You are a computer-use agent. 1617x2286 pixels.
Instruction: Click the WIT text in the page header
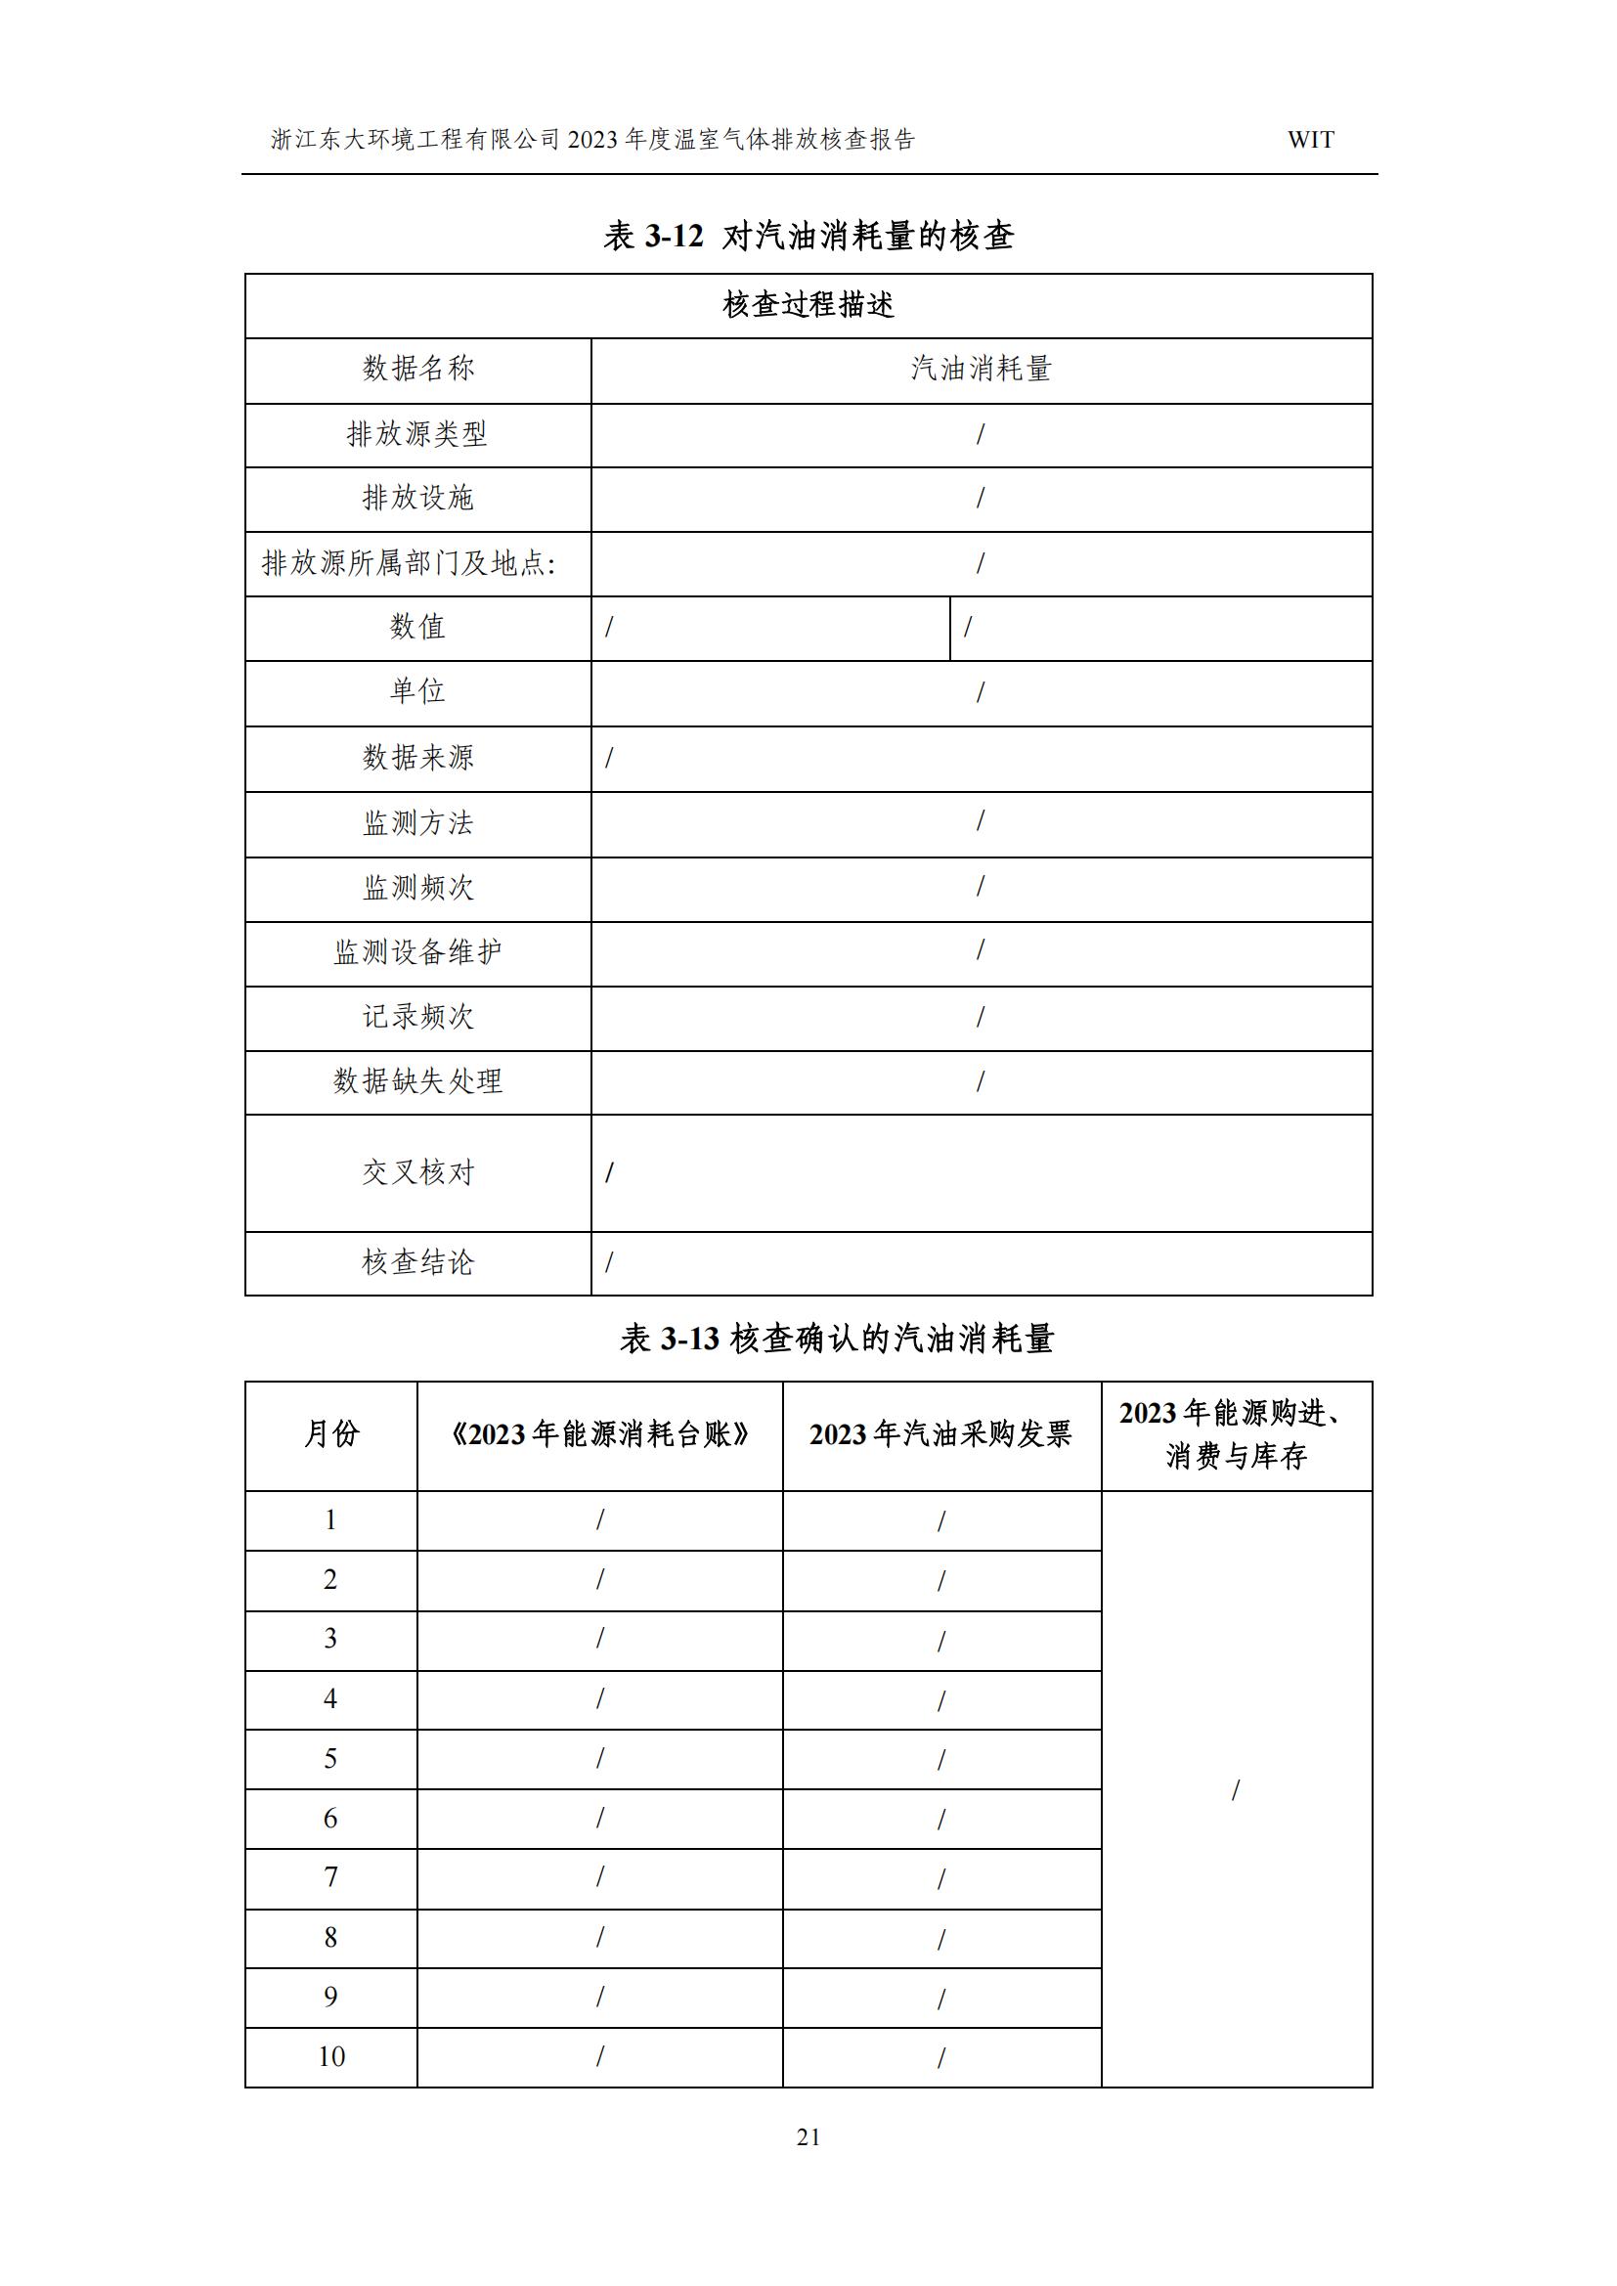pos(1310,141)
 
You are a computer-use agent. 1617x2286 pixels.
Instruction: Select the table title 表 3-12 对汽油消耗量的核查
pos(808,237)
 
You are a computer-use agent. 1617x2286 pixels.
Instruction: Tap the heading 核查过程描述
pos(808,305)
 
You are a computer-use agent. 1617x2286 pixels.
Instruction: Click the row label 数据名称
pos(417,370)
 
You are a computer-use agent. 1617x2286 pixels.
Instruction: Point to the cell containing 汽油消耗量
pos(981,370)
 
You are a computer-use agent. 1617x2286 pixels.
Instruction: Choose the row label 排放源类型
pos(417,434)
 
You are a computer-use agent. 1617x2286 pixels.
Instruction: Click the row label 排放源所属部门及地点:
pos(409,563)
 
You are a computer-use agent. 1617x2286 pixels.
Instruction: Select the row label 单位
pos(417,692)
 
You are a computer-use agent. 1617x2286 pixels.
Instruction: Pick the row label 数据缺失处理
pos(417,1081)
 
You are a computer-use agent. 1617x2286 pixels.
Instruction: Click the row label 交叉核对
pos(417,1173)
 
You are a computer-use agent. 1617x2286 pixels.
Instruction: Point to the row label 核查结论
pos(417,1263)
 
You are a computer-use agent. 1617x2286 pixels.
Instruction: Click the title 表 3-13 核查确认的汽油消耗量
pos(837,1341)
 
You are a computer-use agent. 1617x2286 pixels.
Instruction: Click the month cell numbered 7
pos(330,1877)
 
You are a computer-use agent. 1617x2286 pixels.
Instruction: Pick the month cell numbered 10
pos(330,2057)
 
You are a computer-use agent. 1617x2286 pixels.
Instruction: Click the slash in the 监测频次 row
pos(981,886)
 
